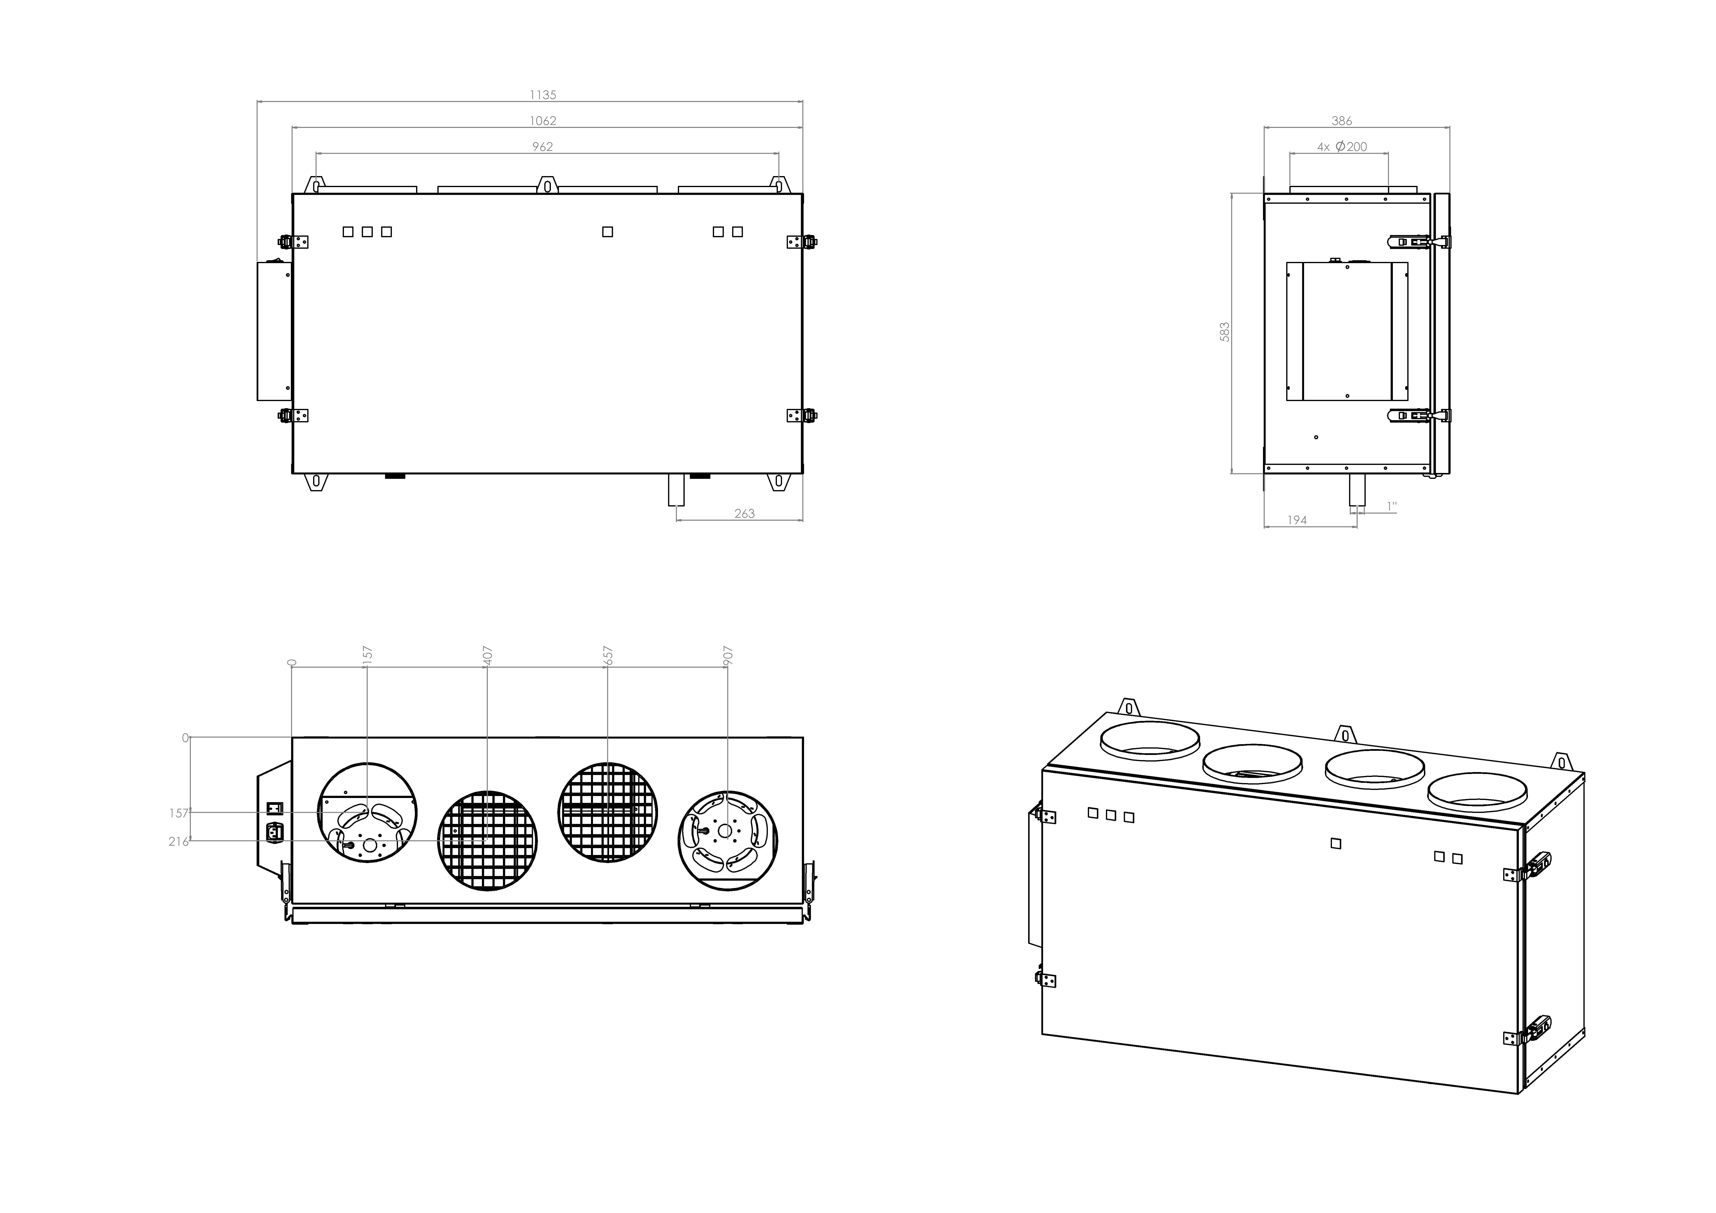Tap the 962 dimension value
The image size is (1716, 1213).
click(543, 146)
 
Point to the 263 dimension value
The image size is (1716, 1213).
click(744, 514)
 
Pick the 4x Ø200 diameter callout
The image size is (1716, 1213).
click(1341, 146)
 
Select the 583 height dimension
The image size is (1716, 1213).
click(1224, 332)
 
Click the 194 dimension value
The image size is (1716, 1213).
click(1297, 520)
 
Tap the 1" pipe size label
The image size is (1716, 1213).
click(1392, 507)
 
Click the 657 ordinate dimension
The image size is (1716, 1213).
click(608, 655)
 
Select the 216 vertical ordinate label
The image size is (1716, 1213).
click(178, 842)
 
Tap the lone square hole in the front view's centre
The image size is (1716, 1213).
click(608, 232)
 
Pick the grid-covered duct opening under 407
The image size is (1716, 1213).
click(487, 841)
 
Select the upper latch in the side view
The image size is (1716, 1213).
click(1418, 241)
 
